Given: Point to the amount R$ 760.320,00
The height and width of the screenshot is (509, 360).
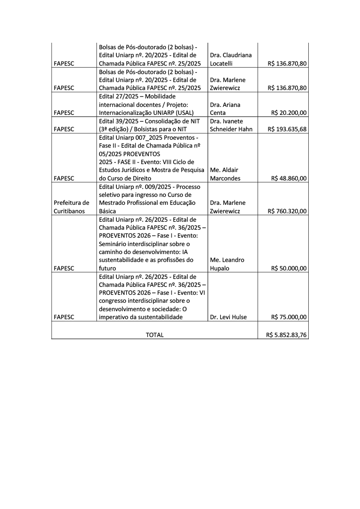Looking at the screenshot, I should click(287, 211).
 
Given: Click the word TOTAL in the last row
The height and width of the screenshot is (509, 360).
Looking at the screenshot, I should click(154, 335).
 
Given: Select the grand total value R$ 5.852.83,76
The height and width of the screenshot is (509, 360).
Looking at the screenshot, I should click(286, 335).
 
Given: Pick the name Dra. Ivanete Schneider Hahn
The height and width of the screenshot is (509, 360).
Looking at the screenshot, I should click(231, 125).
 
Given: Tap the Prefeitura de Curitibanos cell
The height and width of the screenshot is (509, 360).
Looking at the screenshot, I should click(72, 207).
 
